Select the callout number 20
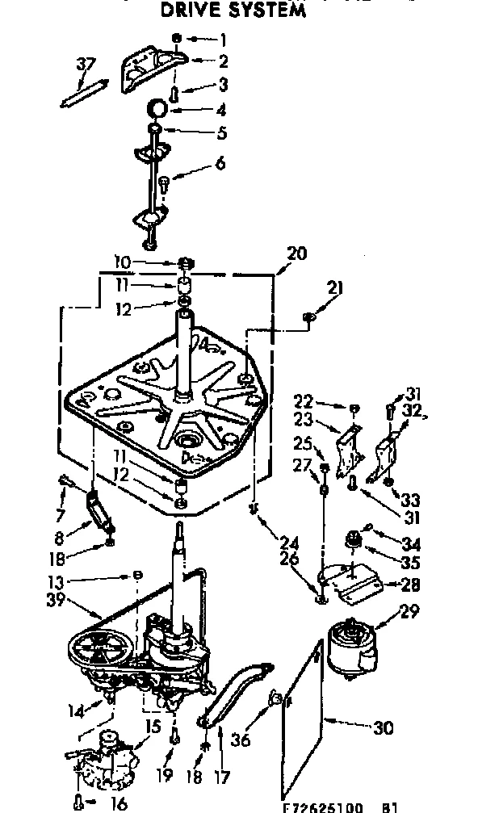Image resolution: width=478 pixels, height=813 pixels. tap(296, 252)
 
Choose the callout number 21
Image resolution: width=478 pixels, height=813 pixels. tap(336, 288)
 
